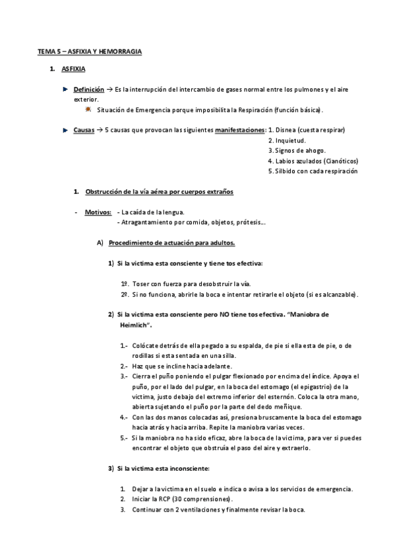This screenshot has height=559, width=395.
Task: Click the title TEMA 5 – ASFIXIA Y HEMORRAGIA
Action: coord(90,51)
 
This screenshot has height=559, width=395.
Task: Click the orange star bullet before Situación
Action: coord(88,109)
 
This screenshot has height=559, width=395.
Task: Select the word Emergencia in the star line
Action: coord(154,109)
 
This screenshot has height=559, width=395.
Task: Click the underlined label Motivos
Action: coord(98,212)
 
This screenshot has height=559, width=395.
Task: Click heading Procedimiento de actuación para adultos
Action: coord(171,243)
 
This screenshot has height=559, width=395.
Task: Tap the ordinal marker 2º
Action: coord(125,294)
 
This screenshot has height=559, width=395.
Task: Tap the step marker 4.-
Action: coord(125,417)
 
